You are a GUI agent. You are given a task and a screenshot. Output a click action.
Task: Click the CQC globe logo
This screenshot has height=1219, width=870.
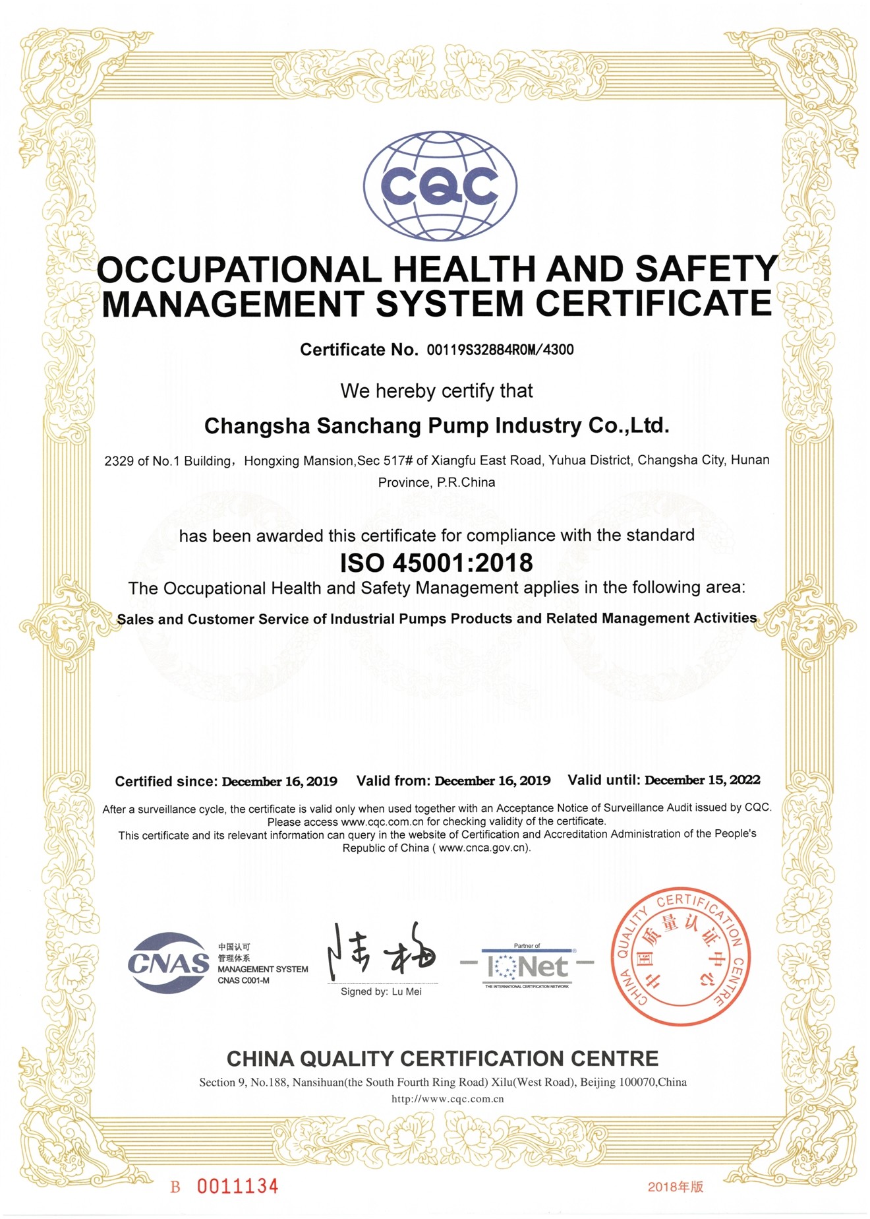pos(440,186)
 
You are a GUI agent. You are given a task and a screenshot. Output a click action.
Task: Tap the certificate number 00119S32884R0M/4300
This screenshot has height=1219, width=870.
pos(500,350)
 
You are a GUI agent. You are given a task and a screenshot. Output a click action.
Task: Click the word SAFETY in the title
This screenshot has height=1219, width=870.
pos(707,269)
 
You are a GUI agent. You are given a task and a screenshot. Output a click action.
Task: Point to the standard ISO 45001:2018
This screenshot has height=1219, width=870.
pos(436,563)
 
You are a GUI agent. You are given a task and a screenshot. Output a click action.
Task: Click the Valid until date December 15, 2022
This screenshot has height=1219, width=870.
pos(702,780)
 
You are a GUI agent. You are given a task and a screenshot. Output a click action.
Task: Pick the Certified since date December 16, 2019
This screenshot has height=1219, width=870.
pos(279,782)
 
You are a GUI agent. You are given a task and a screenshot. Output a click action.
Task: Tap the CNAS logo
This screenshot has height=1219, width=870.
pos(168,963)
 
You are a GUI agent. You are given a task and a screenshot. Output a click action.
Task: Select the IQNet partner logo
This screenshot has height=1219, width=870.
pos(527,966)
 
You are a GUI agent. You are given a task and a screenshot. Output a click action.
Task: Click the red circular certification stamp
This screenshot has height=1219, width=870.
pos(680,956)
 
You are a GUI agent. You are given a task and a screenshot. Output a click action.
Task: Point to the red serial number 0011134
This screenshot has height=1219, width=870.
pos(237,1187)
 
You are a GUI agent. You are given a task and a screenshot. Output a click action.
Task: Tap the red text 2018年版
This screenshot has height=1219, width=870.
pos(676,1187)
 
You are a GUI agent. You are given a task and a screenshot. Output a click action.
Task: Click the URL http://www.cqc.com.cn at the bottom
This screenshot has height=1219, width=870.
pos(448,1099)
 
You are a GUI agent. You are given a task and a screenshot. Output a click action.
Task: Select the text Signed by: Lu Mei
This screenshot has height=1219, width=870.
pos(381,992)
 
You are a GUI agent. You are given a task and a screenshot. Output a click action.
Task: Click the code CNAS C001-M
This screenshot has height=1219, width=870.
pos(244,981)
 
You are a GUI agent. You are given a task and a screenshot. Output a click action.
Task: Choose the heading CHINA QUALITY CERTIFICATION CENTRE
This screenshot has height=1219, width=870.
pos(442,1059)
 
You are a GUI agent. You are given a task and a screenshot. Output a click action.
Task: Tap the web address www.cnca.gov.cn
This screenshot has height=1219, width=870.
pos(483,848)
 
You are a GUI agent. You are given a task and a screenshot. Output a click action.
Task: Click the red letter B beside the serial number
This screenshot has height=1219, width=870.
pos(175,1187)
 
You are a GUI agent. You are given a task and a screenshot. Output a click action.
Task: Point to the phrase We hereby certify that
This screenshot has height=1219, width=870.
pos(436,391)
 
